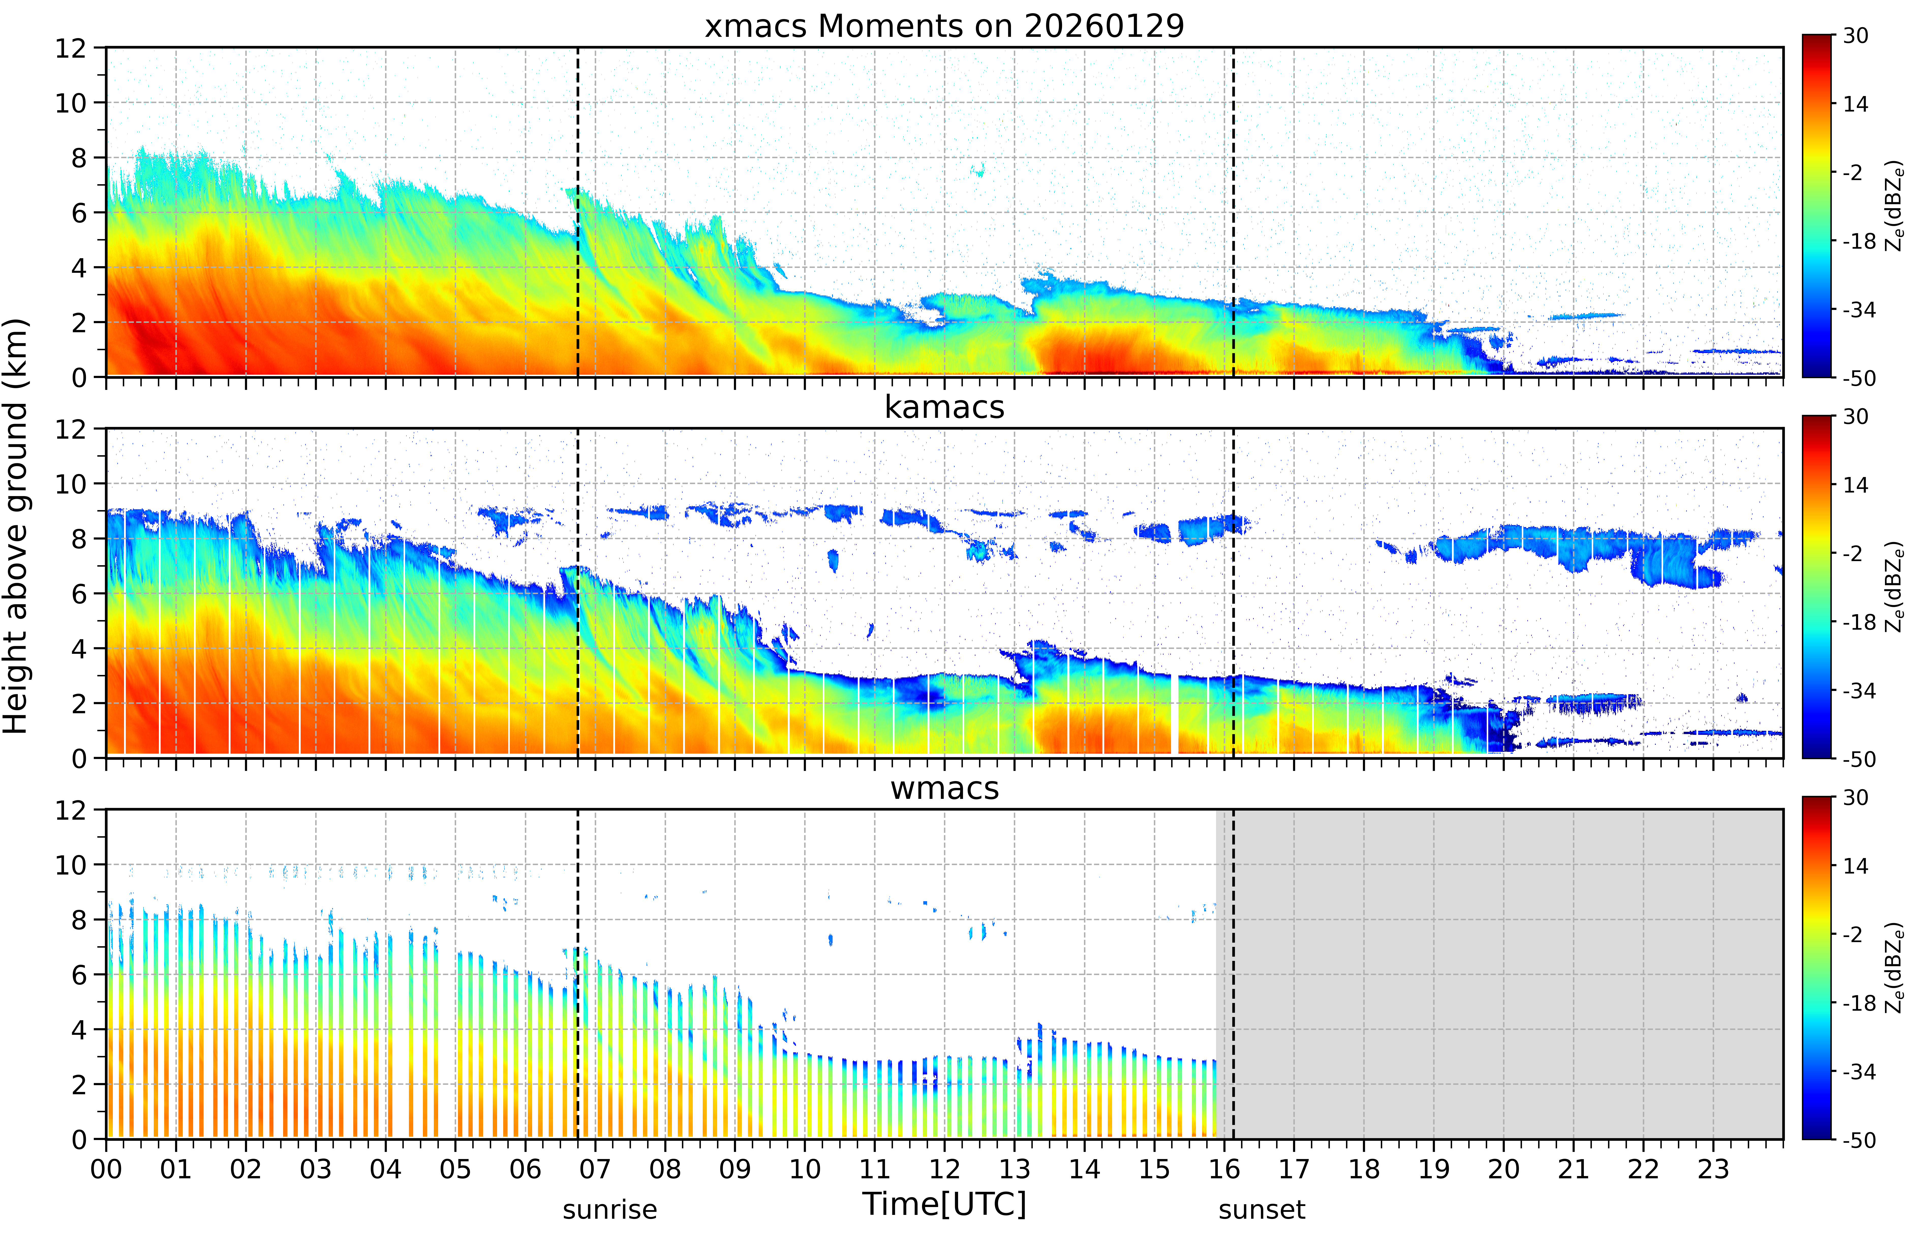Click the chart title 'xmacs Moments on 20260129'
(x=944, y=26)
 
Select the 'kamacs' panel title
(x=944, y=407)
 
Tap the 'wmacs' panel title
(x=944, y=788)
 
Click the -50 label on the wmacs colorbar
(x=1859, y=1140)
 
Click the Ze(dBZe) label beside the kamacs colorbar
(x=1895, y=586)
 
